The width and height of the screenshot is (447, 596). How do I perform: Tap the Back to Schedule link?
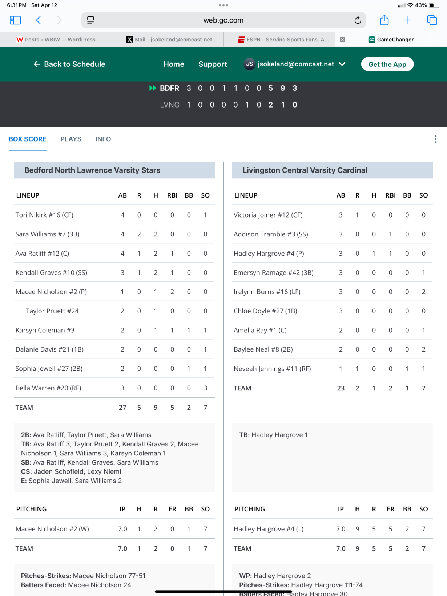(70, 64)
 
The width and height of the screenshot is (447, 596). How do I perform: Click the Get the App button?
(387, 64)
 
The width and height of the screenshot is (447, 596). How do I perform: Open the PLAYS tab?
(71, 139)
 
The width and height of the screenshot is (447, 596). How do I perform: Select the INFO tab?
(103, 139)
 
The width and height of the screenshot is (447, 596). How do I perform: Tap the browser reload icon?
(358, 20)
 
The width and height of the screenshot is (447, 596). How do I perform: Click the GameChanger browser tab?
(391, 40)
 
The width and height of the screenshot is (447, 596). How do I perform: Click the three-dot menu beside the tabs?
(435, 139)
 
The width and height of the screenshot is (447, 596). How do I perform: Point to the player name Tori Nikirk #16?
(44, 215)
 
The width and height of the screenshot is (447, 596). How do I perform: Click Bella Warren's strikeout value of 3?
(205, 388)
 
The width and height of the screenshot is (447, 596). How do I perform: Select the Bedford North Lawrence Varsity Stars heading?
(92, 170)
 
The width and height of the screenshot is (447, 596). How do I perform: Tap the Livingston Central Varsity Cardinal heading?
(305, 170)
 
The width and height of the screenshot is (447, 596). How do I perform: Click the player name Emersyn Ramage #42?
(273, 273)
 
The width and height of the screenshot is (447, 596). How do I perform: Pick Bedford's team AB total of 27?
(122, 408)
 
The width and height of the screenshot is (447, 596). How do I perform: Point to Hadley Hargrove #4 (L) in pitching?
(269, 529)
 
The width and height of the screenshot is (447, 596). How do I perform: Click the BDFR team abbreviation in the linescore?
(169, 88)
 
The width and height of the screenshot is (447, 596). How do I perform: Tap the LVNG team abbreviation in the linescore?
(170, 105)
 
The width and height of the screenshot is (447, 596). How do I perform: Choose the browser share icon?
(384, 20)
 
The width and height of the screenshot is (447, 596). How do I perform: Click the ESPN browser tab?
(283, 40)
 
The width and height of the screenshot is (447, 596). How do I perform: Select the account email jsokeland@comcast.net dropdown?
(295, 64)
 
